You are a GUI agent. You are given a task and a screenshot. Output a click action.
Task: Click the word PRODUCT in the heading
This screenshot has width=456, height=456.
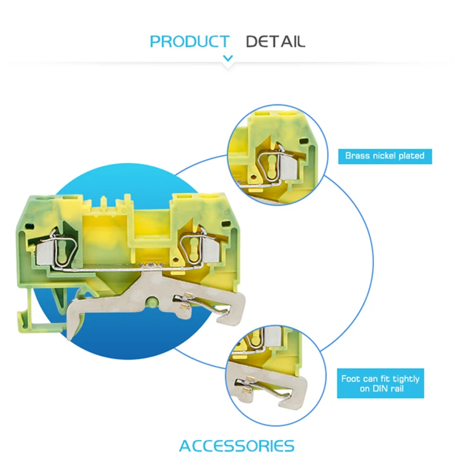189,42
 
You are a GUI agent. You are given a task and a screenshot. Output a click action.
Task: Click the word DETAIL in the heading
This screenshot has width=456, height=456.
275,42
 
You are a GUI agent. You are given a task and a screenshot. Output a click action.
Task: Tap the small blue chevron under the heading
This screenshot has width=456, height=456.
228,58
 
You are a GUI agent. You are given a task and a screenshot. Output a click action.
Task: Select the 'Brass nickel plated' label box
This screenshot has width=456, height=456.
385,156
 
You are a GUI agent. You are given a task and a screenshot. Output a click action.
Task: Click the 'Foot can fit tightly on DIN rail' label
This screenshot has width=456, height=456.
380,383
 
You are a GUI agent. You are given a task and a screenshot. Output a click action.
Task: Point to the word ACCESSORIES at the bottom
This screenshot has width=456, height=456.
237,445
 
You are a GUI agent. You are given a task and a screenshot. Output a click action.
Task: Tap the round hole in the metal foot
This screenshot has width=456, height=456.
152,303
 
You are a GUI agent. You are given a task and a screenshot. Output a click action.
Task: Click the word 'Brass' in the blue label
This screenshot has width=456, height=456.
358,156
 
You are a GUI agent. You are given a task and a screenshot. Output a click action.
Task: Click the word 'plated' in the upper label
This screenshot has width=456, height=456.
410,156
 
